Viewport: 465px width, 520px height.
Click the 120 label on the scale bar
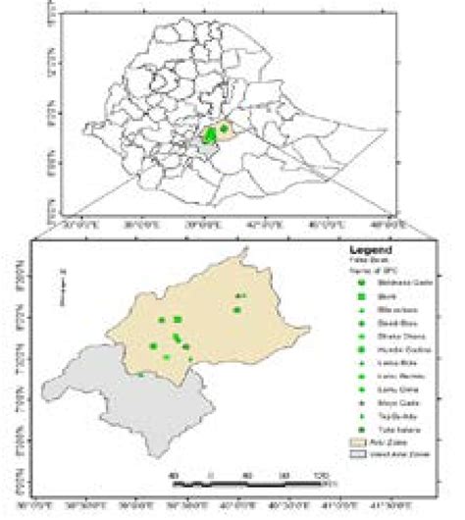320,476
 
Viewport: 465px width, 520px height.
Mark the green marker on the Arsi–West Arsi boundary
140,374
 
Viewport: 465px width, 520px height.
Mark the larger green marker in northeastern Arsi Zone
237,310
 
